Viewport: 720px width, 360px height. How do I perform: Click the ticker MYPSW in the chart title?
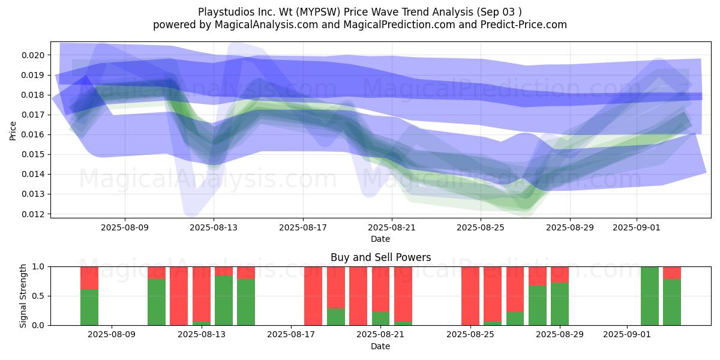(318, 12)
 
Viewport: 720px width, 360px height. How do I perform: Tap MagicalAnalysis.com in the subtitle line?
(266, 25)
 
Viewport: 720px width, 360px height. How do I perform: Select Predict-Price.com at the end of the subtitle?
(524, 25)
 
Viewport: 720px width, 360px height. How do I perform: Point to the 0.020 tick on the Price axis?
(33, 55)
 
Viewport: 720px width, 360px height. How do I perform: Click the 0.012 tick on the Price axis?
(33, 214)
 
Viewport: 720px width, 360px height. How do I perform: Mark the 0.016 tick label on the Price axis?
(33, 134)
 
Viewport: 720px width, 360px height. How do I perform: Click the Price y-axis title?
(13, 131)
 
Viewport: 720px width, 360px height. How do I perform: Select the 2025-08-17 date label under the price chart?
(303, 227)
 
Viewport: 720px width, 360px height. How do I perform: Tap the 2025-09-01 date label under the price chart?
(637, 227)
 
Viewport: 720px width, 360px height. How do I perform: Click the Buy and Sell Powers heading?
(380, 257)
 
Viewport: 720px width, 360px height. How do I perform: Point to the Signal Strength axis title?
(23, 296)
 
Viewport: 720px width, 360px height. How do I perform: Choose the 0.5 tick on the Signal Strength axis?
(38, 296)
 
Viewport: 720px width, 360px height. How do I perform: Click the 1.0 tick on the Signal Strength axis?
(38, 267)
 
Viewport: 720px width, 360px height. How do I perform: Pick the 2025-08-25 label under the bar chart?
(470, 335)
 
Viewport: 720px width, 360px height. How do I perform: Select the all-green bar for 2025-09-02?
(650, 296)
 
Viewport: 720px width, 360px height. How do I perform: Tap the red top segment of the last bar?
(672, 273)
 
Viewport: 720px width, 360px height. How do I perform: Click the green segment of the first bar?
(89, 307)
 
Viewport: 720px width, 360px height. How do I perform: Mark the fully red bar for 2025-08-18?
(313, 296)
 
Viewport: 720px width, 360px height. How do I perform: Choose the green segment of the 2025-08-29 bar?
(560, 304)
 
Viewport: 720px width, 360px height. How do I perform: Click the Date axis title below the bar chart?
(380, 347)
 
